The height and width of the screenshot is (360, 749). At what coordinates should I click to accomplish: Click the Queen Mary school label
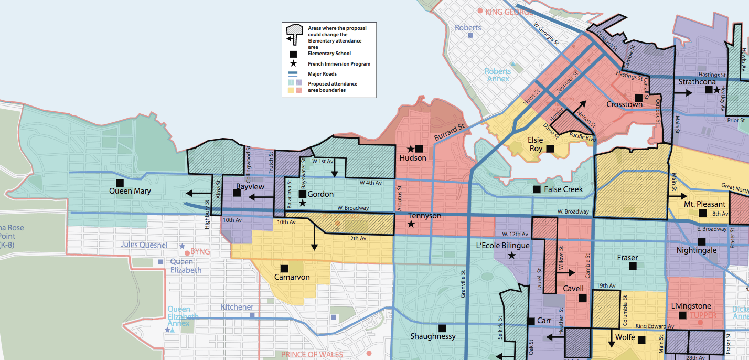[130, 191]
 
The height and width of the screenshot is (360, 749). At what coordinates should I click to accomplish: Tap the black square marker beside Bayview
[237, 193]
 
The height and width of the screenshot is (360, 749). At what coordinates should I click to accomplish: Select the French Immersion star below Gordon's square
[302, 203]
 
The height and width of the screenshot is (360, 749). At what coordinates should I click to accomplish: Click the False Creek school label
[563, 189]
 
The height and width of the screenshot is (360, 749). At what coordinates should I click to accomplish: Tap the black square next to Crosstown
[638, 98]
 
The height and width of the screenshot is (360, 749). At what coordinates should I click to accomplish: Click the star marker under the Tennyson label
[411, 224]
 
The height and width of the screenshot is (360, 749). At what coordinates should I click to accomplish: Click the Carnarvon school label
[292, 277]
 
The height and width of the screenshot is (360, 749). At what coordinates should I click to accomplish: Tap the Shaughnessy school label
[433, 336]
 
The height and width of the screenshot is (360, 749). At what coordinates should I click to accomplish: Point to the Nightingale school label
[697, 250]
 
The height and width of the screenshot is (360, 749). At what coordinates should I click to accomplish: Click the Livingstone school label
[691, 306]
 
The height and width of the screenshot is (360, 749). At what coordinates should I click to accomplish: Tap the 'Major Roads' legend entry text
[323, 74]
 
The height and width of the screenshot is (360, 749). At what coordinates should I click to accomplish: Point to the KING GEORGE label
[509, 12]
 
